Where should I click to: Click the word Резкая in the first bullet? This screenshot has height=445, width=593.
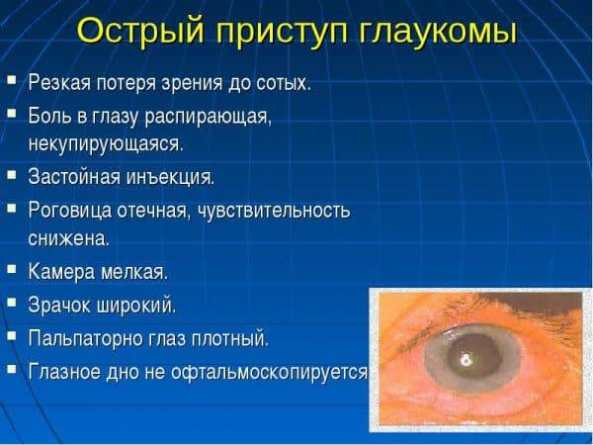(59, 82)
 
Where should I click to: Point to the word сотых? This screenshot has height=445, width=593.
(284, 83)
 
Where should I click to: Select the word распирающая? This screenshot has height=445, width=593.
(208, 118)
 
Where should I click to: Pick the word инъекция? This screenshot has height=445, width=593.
(170, 178)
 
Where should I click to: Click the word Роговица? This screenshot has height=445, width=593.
(70, 211)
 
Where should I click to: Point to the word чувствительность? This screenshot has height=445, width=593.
(274, 211)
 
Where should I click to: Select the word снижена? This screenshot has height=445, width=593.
(68, 239)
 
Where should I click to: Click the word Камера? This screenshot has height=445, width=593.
(61, 272)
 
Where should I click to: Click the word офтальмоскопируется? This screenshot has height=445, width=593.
(269, 373)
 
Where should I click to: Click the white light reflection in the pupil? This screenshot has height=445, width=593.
(465, 359)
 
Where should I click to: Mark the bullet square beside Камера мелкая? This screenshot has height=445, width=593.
(12, 269)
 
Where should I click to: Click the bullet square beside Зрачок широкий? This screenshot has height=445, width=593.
(12, 303)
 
